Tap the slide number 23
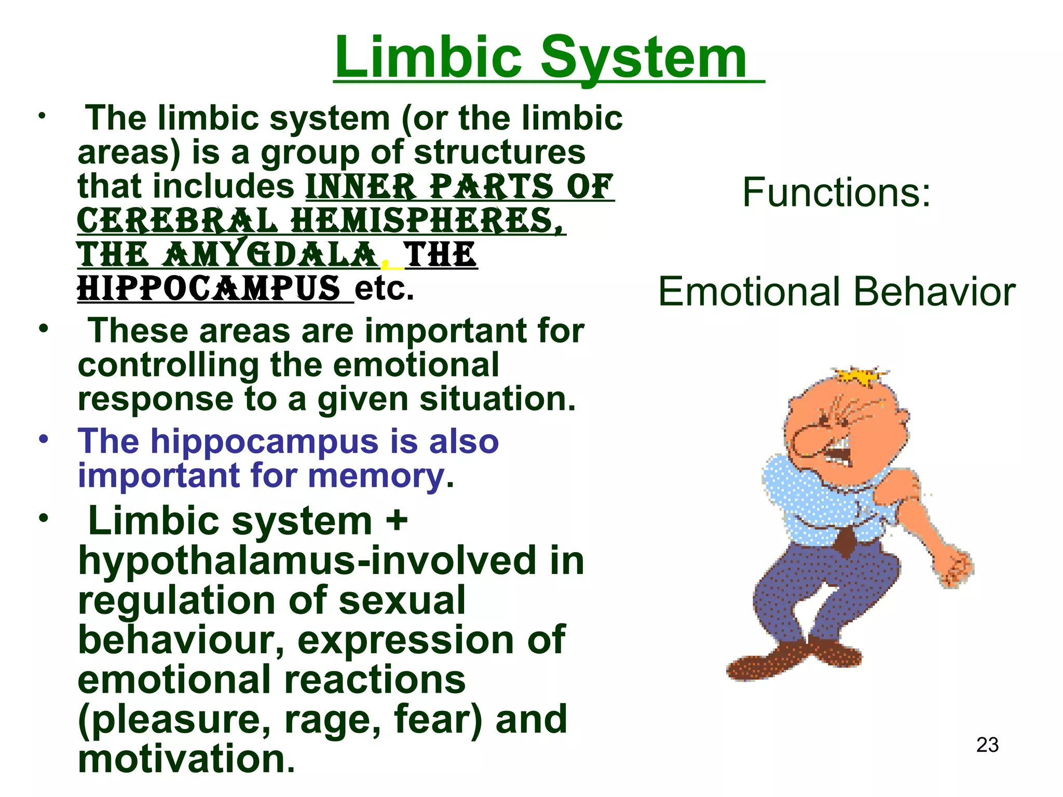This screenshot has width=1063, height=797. [987, 745]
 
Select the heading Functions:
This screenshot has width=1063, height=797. [836, 193]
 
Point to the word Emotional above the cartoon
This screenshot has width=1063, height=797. [747, 292]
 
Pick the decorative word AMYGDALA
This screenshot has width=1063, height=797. [270, 255]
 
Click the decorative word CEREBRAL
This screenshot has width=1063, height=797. [177, 221]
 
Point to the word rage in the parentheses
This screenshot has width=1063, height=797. [332, 719]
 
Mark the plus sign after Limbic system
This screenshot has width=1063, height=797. [397, 520]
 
